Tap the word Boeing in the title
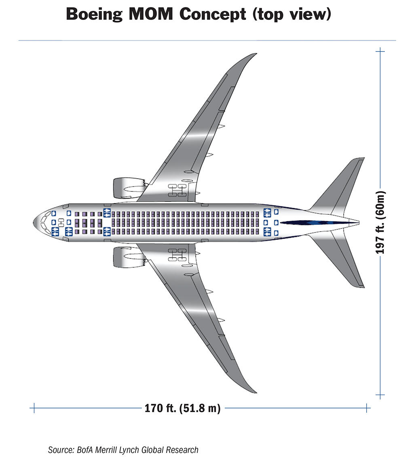click(94, 15)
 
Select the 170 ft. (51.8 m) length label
click(182, 408)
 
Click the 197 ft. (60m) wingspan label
click(380, 222)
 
